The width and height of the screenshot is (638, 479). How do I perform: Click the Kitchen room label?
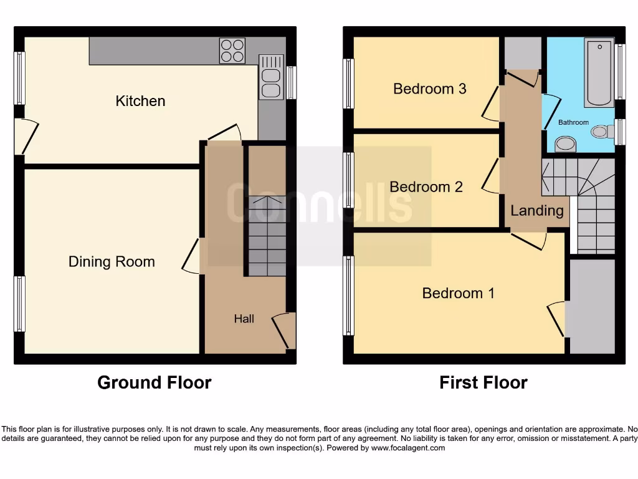point(140,101)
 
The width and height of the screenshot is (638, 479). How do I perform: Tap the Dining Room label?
point(112,262)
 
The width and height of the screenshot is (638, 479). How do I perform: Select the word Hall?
point(244,319)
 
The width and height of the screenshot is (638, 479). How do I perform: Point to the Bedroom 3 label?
point(429,89)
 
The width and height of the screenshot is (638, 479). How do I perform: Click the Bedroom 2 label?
point(426,186)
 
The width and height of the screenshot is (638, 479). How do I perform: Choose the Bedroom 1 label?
point(458,293)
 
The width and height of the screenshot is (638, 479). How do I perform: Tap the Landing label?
point(536,211)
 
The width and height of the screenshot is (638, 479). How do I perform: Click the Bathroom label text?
point(573,122)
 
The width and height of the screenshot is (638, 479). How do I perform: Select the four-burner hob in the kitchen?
point(232,51)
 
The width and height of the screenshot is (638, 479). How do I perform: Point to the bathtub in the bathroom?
point(599,72)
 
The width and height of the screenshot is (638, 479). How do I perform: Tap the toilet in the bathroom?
point(601,132)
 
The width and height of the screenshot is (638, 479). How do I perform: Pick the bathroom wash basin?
point(566,144)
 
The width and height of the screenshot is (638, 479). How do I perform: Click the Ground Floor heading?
point(154,382)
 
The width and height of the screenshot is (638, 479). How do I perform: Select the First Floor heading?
point(483,382)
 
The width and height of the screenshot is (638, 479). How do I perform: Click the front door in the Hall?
point(283,331)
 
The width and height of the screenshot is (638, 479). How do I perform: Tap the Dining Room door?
point(192,257)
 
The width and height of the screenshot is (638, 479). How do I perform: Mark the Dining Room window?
point(19,304)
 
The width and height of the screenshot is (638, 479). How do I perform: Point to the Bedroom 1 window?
point(348,296)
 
